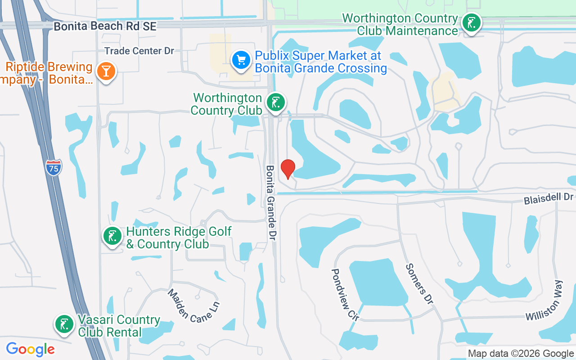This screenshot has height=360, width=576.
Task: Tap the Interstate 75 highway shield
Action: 54,168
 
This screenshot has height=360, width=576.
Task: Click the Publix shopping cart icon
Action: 241,60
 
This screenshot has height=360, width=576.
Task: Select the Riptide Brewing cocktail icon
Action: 106,71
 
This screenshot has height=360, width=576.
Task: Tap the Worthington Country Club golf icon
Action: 275,103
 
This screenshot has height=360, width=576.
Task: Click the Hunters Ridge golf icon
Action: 112,236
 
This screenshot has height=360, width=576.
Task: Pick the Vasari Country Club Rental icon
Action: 64,324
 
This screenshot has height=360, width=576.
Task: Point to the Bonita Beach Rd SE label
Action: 105,27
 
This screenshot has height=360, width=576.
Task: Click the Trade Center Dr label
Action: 139,51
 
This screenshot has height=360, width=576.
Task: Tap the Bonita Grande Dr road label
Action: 270,202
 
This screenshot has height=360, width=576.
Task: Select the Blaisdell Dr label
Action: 549,198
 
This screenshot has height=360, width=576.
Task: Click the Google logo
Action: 30,349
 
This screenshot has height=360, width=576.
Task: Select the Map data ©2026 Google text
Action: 521,354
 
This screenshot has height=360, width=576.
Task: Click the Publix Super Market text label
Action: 320,62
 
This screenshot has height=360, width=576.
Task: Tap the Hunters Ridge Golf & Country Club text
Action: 179,238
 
